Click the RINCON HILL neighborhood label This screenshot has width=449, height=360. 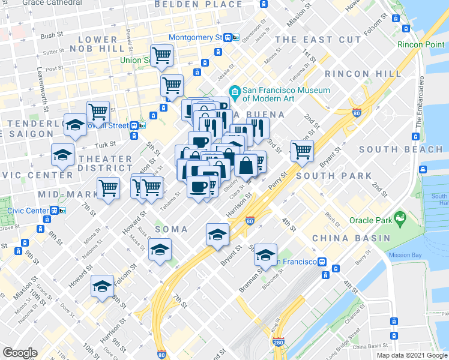click(x=363, y=73)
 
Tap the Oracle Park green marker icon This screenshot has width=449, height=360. click(x=398, y=220)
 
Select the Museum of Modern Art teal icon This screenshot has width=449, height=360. click(x=235, y=94)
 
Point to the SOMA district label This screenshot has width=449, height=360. click(x=172, y=229)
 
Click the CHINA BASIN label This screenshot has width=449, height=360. click(x=351, y=238)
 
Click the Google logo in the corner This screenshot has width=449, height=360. click(x=20, y=352)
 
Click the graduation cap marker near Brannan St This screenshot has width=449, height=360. click(x=265, y=254)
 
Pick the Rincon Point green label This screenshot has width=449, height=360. click(x=421, y=45)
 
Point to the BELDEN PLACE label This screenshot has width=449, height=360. click(x=190, y=4)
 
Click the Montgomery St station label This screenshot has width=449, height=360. click(x=196, y=37)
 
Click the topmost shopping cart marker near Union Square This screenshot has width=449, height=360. click(x=161, y=56)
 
